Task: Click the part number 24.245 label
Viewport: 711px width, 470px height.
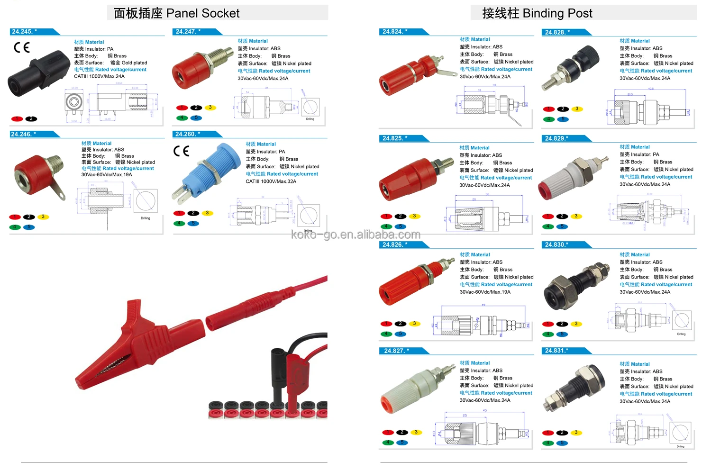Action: [x=25, y=32]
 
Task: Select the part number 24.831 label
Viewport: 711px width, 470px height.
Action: [x=557, y=351]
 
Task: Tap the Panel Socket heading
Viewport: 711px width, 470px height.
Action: [x=177, y=13]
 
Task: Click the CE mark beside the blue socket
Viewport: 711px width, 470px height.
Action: [x=181, y=151]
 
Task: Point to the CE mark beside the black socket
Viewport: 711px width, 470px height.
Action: [x=22, y=47]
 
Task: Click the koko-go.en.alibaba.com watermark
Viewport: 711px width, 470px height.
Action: [x=355, y=235]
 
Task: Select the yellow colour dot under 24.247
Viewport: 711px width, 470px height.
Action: [x=210, y=108]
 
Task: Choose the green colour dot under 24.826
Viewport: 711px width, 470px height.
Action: [x=386, y=334]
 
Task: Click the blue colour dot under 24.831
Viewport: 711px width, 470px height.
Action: [x=562, y=443]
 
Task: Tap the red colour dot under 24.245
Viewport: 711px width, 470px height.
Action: [x=17, y=119]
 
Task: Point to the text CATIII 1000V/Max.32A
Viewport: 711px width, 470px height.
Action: [x=271, y=181]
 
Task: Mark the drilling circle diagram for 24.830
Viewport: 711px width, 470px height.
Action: [x=682, y=320]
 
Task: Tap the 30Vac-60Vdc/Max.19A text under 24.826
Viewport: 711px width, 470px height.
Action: [x=485, y=292]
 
